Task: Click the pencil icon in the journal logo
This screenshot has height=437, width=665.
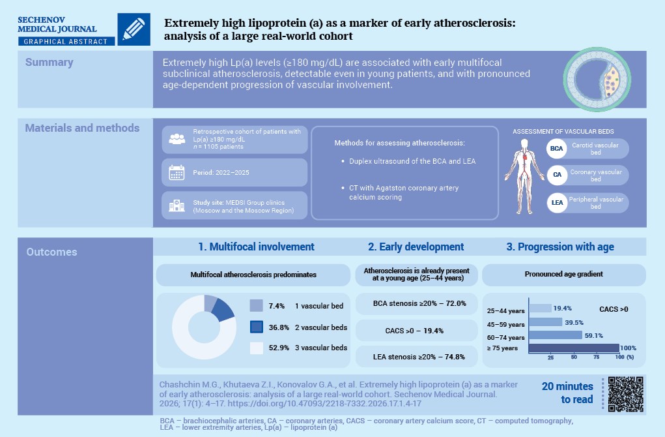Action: [134, 29]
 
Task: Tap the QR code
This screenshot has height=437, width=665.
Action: [625, 394]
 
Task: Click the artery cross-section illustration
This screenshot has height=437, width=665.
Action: [597, 80]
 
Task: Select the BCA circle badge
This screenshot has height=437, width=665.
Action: [556, 149]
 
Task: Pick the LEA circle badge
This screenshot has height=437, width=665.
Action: [557, 203]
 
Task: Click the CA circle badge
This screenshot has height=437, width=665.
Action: [557, 175]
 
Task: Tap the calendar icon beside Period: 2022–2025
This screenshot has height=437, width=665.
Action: [177, 173]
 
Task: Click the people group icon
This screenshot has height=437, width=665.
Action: [177, 139]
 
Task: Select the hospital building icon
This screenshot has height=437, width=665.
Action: [177, 206]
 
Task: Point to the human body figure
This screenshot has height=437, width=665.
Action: [524, 176]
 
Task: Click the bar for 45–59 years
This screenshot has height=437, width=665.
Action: [546, 322]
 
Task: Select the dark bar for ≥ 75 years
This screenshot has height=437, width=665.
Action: [574, 348]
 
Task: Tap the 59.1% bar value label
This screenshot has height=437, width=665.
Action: [594, 335]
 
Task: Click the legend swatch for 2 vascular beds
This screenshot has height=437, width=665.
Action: [257, 327]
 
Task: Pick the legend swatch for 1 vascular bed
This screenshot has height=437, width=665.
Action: [257, 306]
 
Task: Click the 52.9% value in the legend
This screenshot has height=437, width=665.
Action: [279, 348]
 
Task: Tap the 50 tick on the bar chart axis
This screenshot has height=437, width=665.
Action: [574, 357]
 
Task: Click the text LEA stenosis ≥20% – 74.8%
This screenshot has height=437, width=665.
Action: [419, 357]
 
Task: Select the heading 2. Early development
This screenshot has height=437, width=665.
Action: [416, 247]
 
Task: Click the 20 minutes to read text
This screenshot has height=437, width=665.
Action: [567, 393]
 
